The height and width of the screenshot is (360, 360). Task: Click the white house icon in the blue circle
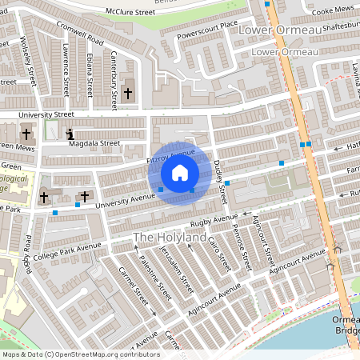(179, 173)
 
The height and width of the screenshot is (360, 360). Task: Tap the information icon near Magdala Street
(70, 134)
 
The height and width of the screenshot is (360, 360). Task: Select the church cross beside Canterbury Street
(128, 94)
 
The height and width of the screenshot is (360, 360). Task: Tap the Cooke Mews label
(332, 11)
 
